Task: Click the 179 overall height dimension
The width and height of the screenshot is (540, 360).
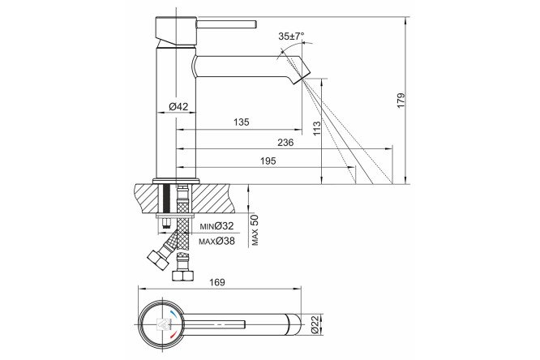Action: point(401,101)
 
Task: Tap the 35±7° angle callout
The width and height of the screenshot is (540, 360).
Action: point(291,36)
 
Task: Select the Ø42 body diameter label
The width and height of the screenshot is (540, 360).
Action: point(178,107)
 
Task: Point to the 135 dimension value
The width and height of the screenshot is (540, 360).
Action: point(241,122)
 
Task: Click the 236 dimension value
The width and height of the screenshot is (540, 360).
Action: point(285,142)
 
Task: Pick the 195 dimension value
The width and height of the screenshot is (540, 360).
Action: point(268,161)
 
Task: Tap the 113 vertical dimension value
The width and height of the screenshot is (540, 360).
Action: point(316,128)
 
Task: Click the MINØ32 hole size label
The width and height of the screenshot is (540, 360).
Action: point(216,226)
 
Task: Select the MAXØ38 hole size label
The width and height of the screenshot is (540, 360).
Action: point(216,241)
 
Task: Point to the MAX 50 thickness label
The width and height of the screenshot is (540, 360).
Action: point(255,230)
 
